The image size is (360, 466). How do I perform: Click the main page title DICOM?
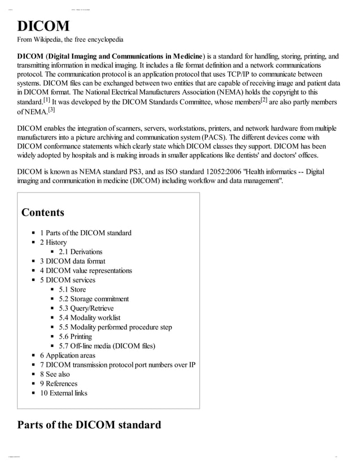pyautogui.click(x=43, y=26)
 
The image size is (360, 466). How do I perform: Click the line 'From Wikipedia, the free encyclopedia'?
pyautogui.click(x=71, y=40)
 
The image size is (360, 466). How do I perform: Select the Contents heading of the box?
pyautogui.click(x=43, y=213)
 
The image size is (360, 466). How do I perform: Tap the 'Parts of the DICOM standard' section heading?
pyautogui.click(x=89, y=424)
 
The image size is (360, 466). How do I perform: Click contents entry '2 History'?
pyautogui.click(x=53, y=243)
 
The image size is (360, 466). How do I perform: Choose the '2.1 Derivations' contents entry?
pyautogui.click(x=80, y=252)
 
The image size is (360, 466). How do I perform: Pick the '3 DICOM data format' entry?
pyautogui.click(x=72, y=261)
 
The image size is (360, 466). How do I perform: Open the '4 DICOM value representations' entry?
pyautogui.click(x=86, y=271)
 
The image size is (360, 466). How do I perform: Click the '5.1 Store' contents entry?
pyautogui.click(x=72, y=289)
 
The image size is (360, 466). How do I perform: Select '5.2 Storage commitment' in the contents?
pyautogui.click(x=94, y=299)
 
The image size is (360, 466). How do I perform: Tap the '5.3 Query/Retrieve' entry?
pyautogui.click(x=86, y=309)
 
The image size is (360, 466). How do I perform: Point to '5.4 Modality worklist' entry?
pyautogui.click(x=89, y=318)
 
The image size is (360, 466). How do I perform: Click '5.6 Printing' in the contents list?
pyautogui.click(x=75, y=337)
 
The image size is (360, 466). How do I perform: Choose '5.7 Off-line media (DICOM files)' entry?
pyautogui.click(x=107, y=346)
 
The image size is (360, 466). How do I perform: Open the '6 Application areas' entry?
pyautogui.click(x=67, y=355)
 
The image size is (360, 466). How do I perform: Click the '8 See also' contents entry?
pyautogui.click(x=55, y=374)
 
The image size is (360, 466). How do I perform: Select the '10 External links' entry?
pyautogui.click(x=63, y=393)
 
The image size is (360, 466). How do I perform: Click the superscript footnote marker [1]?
pyautogui.click(x=47, y=100)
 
